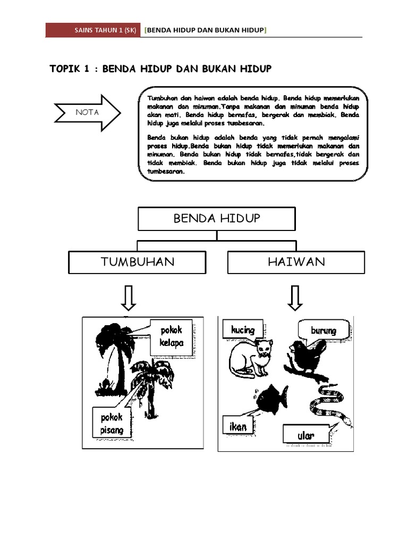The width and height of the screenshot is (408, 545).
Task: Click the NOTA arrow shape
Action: pos(87,112)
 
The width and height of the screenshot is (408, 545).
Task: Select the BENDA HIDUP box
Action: pos(216,219)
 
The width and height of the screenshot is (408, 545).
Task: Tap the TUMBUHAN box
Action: pos(137,262)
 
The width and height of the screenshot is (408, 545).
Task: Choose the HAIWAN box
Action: pos(296,262)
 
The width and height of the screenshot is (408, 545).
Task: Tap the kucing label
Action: pos(242,330)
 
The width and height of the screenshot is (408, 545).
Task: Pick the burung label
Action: pos(323,331)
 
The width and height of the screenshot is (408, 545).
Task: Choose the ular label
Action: pos(306,435)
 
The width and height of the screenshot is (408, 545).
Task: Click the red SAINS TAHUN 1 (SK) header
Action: pos(93,30)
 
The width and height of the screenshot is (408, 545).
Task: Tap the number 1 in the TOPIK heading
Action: pos(86,69)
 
